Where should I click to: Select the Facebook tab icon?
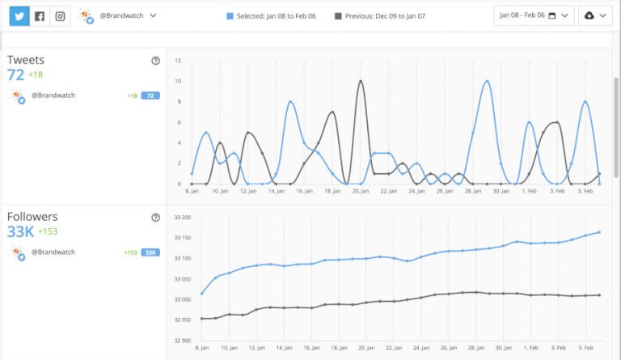click(40, 15)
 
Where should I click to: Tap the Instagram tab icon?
click(60, 15)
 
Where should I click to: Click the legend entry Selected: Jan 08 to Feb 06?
click(267, 15)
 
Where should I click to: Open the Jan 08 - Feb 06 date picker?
click(534, 15)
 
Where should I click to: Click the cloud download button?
click(594, 15)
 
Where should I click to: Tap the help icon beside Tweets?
click(155, 61)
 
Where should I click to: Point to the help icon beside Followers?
click(155, 217)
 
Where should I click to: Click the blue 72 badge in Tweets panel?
click(150, 95)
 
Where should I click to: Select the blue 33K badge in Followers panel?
click(150, 252)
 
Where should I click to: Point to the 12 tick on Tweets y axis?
click(178, 61)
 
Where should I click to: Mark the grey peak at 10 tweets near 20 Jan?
click(360, 81)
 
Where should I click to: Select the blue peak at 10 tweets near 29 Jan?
click(487, 81)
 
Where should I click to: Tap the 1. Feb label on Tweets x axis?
click(529, 192)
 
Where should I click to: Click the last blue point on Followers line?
click(599, 232)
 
